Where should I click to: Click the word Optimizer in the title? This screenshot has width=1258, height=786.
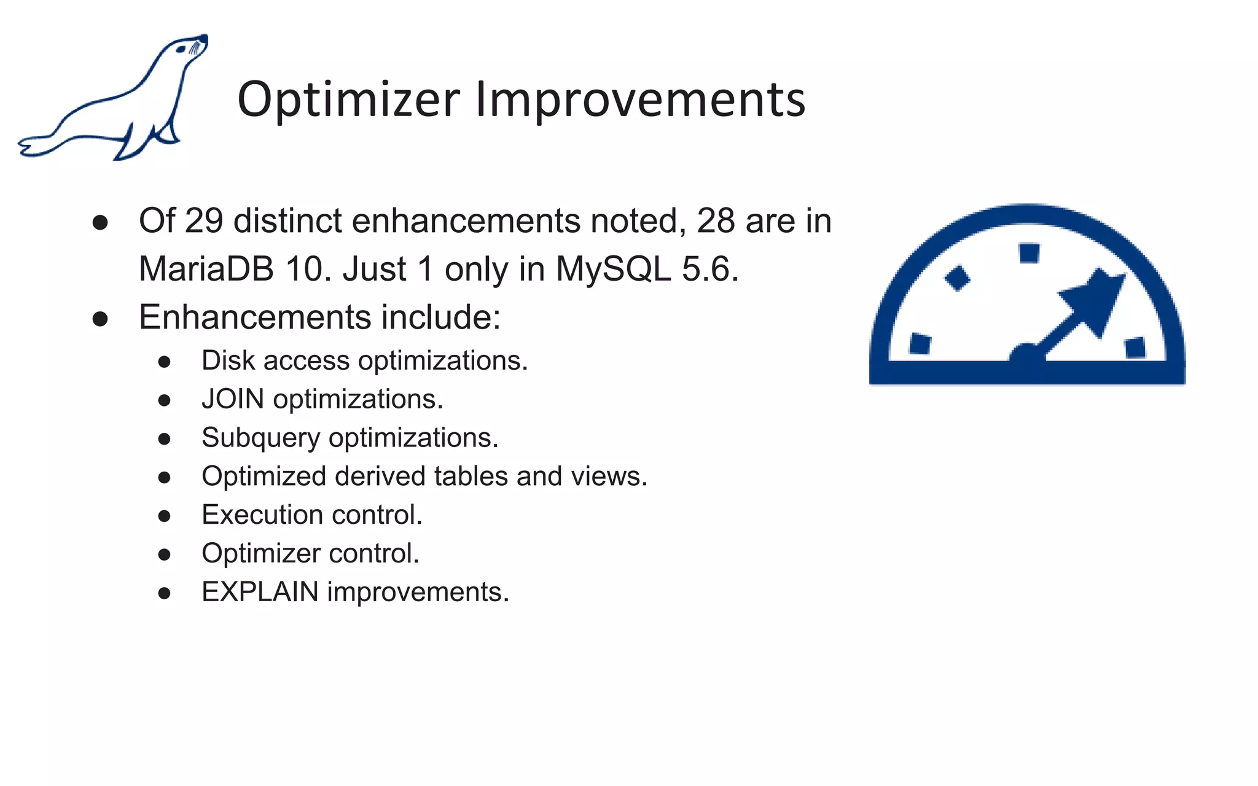click(x=348, y=100)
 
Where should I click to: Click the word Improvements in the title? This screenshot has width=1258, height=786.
click(x=640, y=100)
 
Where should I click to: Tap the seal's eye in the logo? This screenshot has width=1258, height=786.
click(x=181, y=49)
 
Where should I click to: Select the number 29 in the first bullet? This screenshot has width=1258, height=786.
click(x=203, y=220)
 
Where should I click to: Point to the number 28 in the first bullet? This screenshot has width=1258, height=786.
click(x=716, y=220)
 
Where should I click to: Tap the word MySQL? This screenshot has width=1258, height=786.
click(x=613, y=269)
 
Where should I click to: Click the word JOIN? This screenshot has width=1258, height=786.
click(x=233, y=399)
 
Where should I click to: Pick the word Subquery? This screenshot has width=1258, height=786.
click(x=260, y=438)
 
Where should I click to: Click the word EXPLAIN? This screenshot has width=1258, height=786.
click(x=260, y=592)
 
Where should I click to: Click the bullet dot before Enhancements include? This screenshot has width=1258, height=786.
click(x=100, y=319)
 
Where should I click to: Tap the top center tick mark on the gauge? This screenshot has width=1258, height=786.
click(x=1029, y=253)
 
